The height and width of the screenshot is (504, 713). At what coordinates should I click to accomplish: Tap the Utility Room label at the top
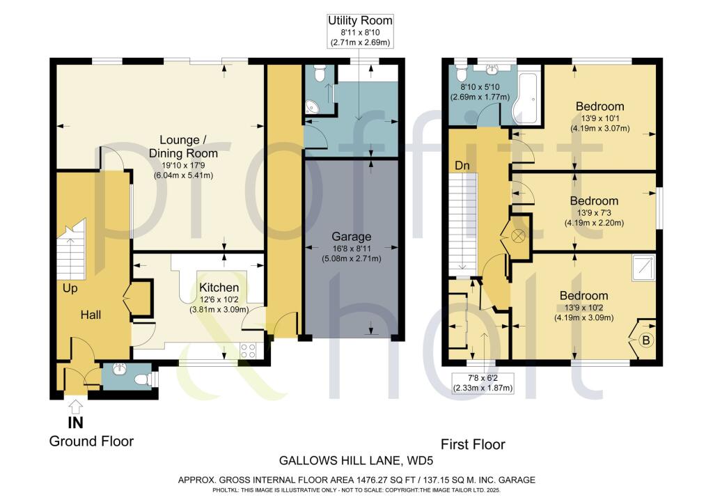(x=360, y=20)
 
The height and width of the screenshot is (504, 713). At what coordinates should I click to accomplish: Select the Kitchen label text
(x=219, y=288)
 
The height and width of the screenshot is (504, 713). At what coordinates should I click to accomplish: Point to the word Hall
(x=91, y=315)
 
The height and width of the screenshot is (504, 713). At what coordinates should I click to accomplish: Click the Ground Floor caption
(x=91, y=441)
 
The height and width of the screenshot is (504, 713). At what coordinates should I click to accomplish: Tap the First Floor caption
(x=473, y=444)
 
